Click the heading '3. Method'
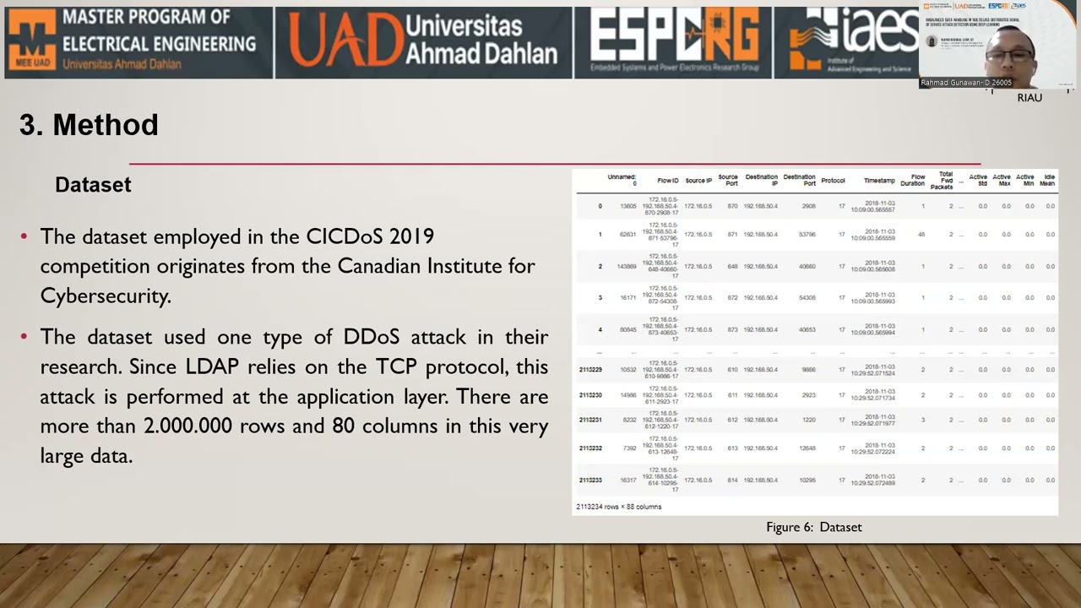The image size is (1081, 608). [89, 125]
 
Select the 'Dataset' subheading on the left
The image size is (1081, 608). [93, 185]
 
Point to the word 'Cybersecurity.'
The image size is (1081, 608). [106, 296]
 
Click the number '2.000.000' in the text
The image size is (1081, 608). [187, 426]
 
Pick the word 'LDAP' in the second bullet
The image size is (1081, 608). [212, 366]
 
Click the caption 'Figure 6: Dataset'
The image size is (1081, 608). [814, 527]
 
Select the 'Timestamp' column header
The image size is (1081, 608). [878, 181]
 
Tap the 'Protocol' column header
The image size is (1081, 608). [833, 181]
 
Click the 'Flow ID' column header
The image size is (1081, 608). [667, 181]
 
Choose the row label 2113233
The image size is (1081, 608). [590, 480]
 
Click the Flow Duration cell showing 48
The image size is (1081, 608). [921, 235]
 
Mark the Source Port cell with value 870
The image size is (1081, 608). [732, 206]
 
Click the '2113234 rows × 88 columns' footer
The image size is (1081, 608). [619, 507]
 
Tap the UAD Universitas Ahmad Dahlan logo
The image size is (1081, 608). [423, 41]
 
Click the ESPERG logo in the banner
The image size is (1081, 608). [673, 40]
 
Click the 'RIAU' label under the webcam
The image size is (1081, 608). [1029, 98]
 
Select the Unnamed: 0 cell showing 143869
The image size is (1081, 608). [627, 267]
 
